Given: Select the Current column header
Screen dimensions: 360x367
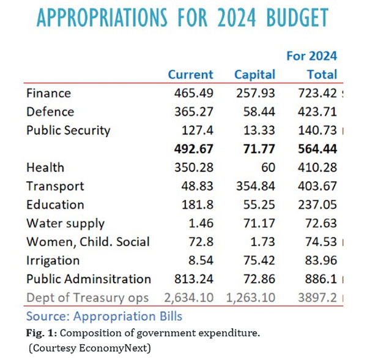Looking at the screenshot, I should coord(190,75).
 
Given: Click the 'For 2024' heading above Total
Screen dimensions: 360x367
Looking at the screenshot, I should coord(312,56).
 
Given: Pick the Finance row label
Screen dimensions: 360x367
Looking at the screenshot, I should coord(49,94).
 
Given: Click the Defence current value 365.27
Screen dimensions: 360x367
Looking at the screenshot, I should coord(193,112).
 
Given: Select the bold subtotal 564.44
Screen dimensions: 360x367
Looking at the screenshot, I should coord(316,149).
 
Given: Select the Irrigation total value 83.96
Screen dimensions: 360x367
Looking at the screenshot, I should coord(319,260).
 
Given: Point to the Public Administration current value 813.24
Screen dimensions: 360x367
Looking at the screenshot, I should coord(193,279).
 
